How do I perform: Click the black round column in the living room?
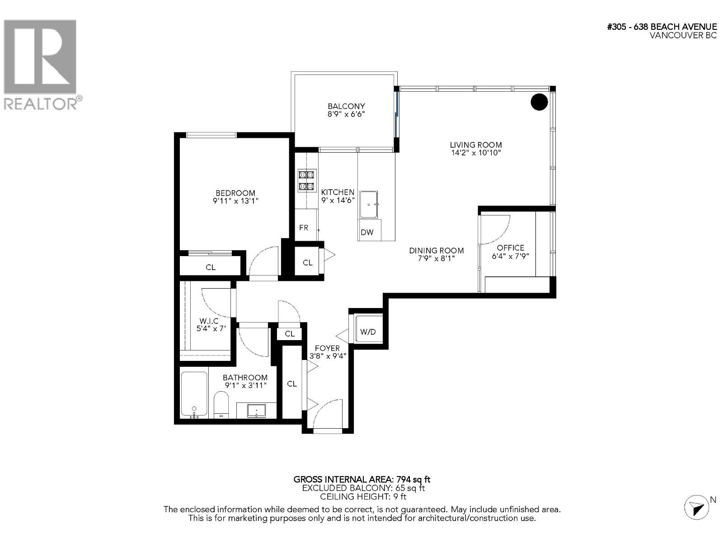click(x=539, y=102)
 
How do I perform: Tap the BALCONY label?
click(x=346, y=106)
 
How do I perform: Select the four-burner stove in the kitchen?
click(x=306, y=181)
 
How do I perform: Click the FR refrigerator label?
click(x=304, y=228)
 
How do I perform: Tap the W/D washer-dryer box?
click(x=368, y=332)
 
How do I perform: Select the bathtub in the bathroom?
click(x=194, y=394)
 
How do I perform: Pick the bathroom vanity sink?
click(x=257, y=410)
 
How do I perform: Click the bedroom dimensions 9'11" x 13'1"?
click(x=235, y=201)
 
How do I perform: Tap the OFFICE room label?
click(x=511, y=248)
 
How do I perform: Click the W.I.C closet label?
click(x=209, y=321)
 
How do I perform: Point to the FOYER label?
click(x=327, y=348)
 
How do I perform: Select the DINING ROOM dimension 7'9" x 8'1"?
click(x=437, y=258)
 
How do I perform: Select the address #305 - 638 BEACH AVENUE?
click(x=662, y=27)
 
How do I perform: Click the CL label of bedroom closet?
click(x=211, y=267)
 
